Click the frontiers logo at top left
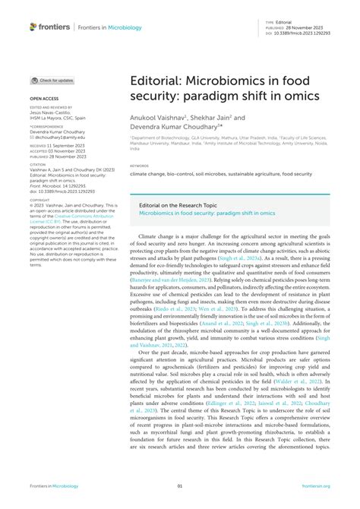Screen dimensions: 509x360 49,27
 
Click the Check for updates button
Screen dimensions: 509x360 52,81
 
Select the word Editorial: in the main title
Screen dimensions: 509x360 158,81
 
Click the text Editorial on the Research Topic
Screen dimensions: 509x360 175,205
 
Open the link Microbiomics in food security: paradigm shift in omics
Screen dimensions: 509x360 207,214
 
